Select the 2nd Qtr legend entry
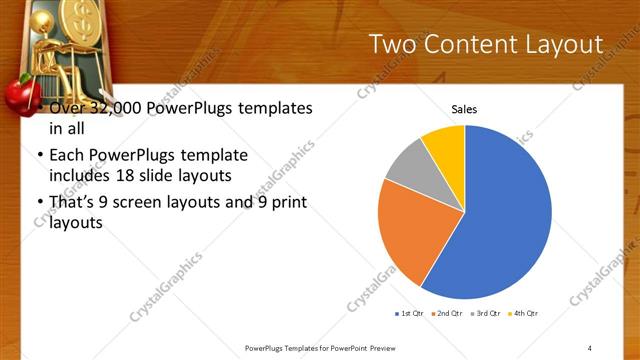click(446, 313)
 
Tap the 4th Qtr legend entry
click(524, 313)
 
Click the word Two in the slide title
click(395, 44)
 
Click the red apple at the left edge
click(13, 96)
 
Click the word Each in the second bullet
click(66, 156)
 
